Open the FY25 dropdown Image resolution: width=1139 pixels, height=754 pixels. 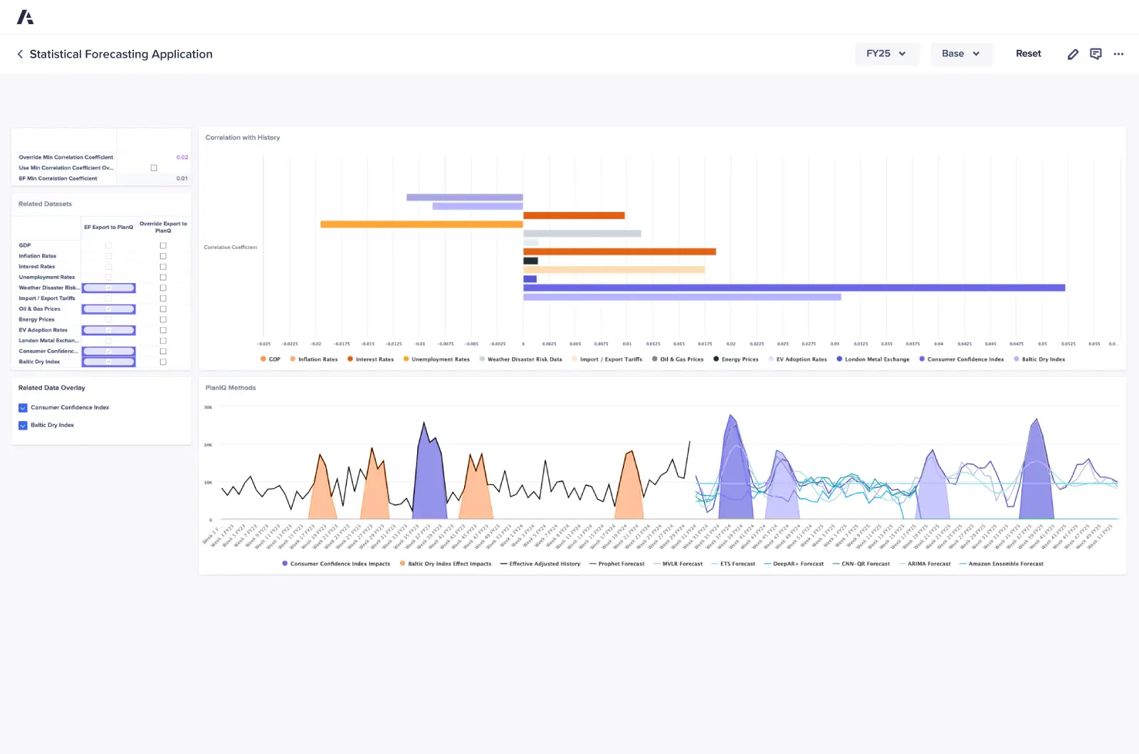886,54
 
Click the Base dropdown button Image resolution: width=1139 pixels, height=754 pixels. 961,54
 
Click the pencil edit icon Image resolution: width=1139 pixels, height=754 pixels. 1073,54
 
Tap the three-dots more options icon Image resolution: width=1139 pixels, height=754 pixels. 1118,54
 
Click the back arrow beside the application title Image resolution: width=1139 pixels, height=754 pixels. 20,54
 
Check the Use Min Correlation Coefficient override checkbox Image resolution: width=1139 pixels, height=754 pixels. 154,168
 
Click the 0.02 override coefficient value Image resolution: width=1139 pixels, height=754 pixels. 182,157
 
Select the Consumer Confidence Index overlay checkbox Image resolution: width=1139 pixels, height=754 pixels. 23,408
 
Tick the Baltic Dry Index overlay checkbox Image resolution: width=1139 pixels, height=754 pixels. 23,425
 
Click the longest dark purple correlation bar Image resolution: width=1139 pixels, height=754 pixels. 794,288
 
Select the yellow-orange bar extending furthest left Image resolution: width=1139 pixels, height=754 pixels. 421,224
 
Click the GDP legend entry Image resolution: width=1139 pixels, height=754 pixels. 271,359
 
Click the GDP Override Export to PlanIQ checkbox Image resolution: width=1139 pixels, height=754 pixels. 163,245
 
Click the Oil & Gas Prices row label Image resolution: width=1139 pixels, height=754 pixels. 40,309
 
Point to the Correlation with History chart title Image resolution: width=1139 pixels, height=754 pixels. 243,137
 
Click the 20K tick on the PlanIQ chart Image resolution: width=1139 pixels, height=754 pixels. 208,445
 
